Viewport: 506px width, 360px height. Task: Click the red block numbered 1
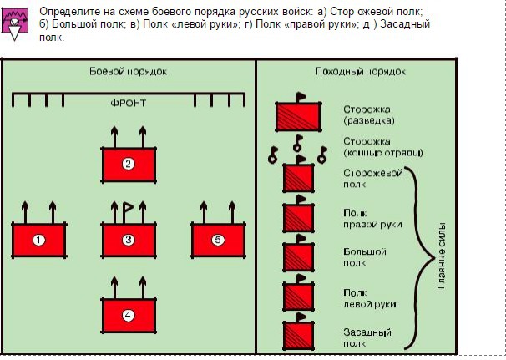click(38, 241)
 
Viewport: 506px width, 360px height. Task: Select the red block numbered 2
click(129, 164)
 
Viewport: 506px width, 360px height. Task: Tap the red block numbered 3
click(129, 241)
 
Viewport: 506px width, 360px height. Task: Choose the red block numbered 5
click(219, 241)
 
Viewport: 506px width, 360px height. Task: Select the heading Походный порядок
click(354, 71)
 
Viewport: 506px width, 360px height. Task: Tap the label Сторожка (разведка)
click(367, 115)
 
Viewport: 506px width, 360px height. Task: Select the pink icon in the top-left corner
click(14, 23)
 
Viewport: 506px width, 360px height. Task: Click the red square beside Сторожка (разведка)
click(297, 115)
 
